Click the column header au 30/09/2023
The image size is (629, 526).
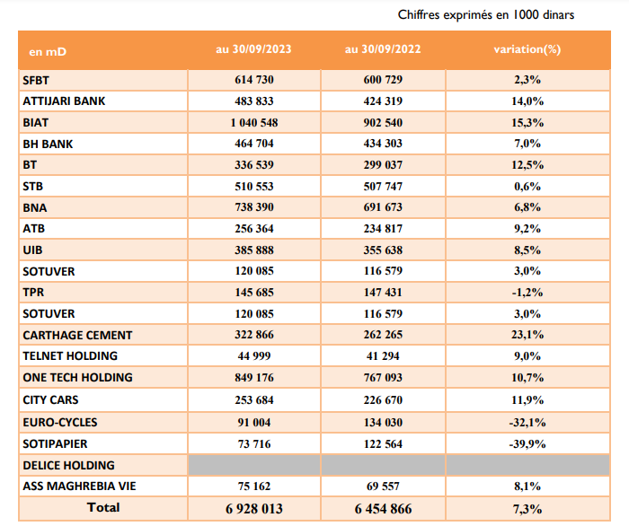(x=253, y=49)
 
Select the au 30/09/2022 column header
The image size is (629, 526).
(x=383, y=49)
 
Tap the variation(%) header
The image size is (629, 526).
(x=527, y=49)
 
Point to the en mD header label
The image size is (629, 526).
(x=48, y=52)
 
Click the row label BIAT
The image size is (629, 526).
(x=36, y=123)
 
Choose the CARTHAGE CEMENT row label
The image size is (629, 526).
(x=77, y=335)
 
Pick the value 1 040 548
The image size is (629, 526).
(x=254, y=123)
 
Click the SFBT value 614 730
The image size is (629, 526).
(x=254, y=80)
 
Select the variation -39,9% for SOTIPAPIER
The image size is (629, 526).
(x=527, y=444)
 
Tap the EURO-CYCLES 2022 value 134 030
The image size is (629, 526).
(x=383, y=422)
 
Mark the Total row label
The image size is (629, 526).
(x=103, y=507)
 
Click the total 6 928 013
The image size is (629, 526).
(x=254, y=509)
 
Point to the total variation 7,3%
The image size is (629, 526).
(x=527, y=509)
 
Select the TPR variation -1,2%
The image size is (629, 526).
(x=527, y=293)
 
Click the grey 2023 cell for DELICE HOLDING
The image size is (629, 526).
(x=254, y=465)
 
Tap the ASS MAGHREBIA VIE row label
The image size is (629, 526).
(x=79, y=486)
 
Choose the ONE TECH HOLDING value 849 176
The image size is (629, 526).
(x=254, y=377)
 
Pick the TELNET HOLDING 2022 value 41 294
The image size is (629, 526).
(x=383, y=355)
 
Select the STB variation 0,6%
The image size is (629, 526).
(x=527, y=187)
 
